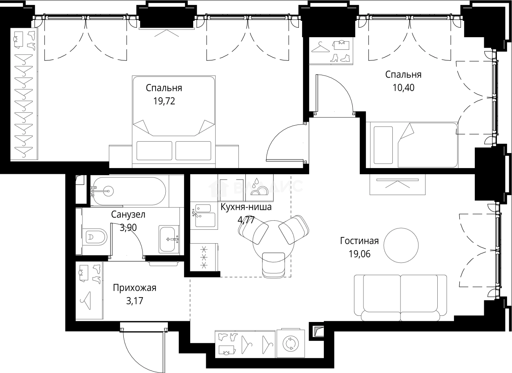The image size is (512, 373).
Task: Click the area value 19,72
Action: click(x=164, y=101)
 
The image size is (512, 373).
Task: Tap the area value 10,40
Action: click(x=403, y=88)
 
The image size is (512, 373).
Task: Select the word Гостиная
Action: click(x=359, y=241)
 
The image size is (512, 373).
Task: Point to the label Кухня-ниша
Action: click(x=246, y=207)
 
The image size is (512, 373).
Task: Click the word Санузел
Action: click(x=128, y=215)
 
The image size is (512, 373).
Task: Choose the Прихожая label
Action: click(x=135, y=288)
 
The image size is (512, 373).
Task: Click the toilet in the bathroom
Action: click(x=95, y=237)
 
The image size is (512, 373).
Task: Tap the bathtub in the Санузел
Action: click(x=129, y=191)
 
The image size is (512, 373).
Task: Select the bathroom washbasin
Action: click(x=169, y=239)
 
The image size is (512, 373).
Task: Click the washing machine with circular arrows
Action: click(x=291, y=343)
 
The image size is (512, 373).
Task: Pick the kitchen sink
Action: click(x=204, y=215)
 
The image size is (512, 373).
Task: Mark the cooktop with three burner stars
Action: click(x=204, y=257)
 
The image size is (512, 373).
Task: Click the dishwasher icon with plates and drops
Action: click(x=259, y=187)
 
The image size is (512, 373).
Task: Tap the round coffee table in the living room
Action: click(x=401, y=245)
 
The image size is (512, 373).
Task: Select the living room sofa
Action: click(x=401, y=298)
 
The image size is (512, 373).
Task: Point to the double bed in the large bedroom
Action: click(x=174, y=122)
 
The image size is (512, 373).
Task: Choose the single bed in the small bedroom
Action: click(x=412, y=145)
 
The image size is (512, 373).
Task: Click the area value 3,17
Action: click(x=135, y=301)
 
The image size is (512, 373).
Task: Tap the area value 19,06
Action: click(x=360, y=254)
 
